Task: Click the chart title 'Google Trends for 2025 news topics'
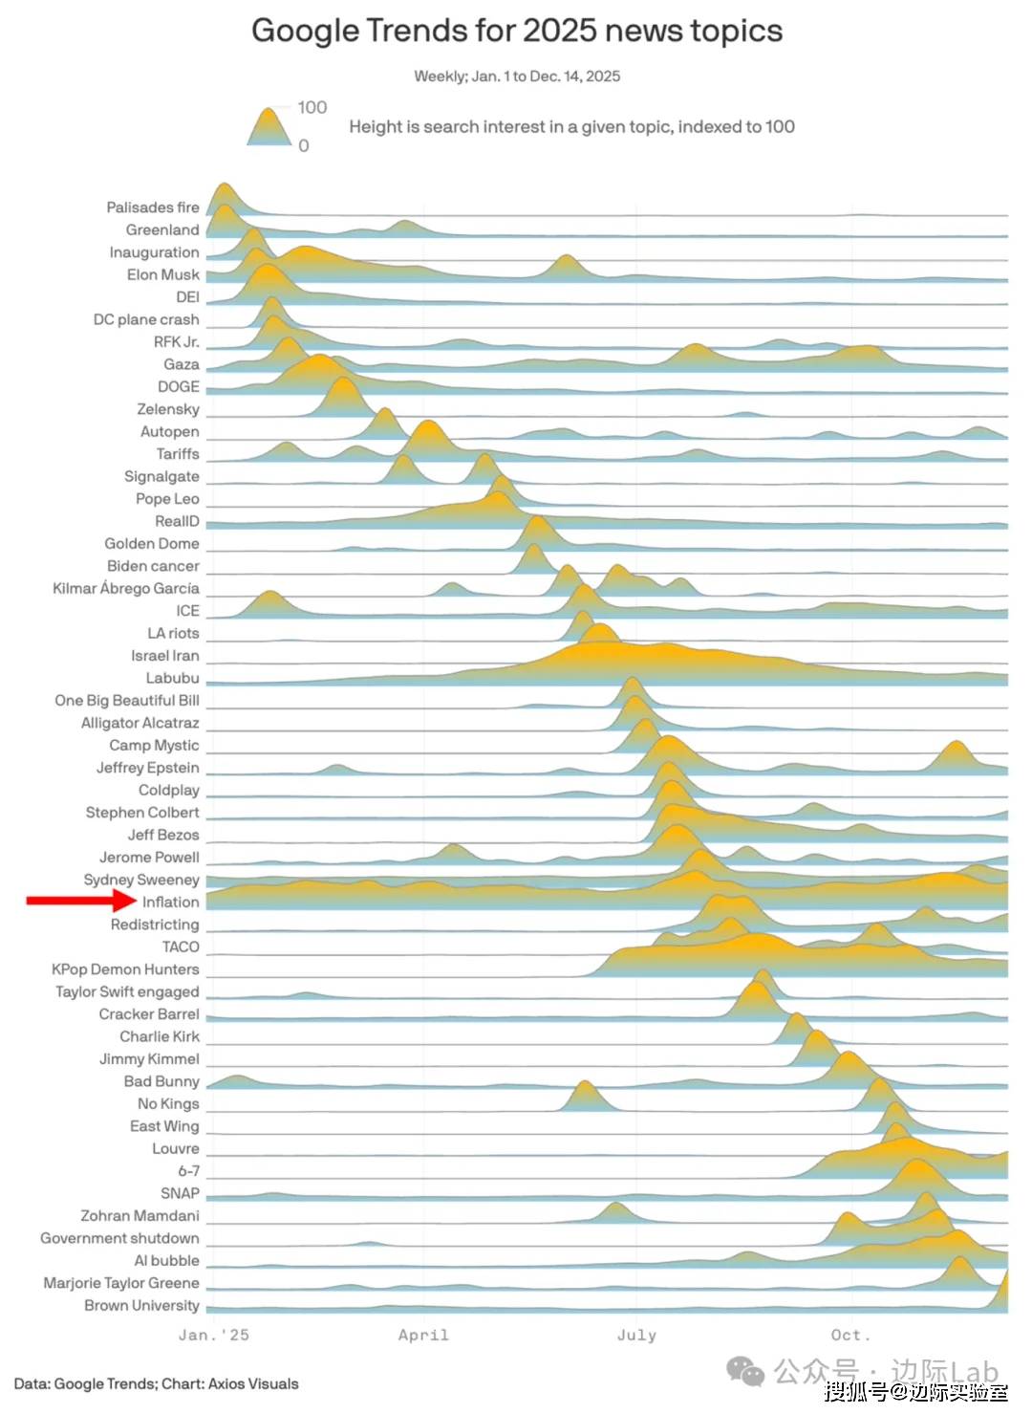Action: pyautogui.click(x=516, y=32)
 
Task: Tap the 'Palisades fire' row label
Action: pyautogui.click(x=153, y=207)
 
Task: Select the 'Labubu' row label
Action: pyautogui.click(x=172, y=678)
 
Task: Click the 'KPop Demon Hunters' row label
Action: pyautogui.click(x=125, y=969)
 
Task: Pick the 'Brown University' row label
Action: pyautogui.click(x=141, y=1306)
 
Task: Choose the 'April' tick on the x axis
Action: pyautogui.click(x=423, y=1336)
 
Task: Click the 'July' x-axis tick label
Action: pyautogui.click(x=636, y=1336)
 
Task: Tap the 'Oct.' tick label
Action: pyautogui.click(x=850, y=1336)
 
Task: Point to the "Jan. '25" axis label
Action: pyautogui.click(x=213, y=1336)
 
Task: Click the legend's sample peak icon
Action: pyautogui.click(x=269, y=127)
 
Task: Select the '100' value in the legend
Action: pyautogui.click(x=312, y=108)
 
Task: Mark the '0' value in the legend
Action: pyautogui.click(x=304, y=146)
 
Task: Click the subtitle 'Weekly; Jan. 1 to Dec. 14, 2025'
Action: pyautogui.click(x=517, y=76)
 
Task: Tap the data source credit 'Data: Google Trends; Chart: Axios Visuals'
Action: pyautogui.click(x=156, y=1384)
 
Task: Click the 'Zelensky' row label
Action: pyautogui.click(x=168, y=409)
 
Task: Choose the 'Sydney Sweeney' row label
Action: pyautogui.click(x=141, y=880)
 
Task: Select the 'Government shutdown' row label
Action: pyautogui.click(x=119, y=1239)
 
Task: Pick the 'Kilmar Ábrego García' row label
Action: pyautogui.click(x=126, y=589)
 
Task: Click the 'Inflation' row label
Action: pyautogui.click(x=170, y=903)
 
